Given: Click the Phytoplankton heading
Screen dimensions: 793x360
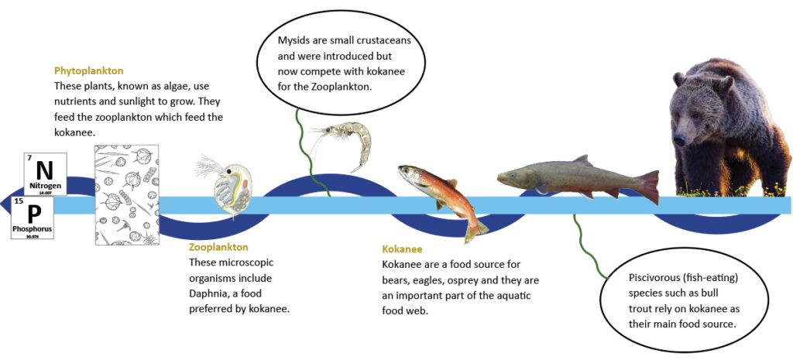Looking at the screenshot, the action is point(88,70).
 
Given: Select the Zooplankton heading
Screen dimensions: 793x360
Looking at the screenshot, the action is point(218,248).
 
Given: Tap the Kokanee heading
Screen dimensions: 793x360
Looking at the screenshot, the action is point(402,249).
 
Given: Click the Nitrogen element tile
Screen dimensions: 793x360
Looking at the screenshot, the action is point(45,174).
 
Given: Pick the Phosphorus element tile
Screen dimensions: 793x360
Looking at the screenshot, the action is point(33,218).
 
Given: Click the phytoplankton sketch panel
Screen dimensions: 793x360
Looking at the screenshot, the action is point(127,194).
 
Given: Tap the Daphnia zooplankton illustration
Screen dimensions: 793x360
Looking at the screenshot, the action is point(227,187).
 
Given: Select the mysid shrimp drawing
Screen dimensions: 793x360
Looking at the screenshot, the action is point(340,144).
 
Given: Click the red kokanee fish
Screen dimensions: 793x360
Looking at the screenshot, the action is point(440,201).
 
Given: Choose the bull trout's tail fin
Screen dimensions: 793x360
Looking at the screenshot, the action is point(650,187).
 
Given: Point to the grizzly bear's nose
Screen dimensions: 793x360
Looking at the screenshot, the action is point(678,139).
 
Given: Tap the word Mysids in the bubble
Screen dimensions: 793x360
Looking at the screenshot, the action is point(295,40).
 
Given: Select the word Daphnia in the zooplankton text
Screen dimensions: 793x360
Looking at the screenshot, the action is point(208,293).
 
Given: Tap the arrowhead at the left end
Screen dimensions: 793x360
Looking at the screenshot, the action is point(5,205).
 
